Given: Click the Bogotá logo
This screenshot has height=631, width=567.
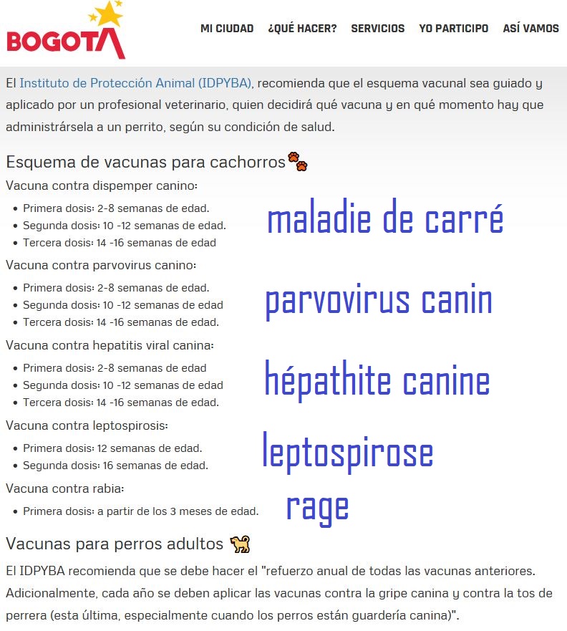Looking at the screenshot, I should point(66,32).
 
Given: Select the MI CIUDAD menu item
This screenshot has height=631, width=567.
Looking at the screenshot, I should point(227,29).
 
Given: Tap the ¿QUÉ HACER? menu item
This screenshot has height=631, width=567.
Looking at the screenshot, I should point(302,29).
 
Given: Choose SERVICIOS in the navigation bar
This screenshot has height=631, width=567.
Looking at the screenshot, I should point(377,29).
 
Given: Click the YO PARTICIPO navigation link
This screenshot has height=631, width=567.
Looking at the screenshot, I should point(454,29).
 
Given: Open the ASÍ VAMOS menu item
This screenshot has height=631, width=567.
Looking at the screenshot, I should point(530,29).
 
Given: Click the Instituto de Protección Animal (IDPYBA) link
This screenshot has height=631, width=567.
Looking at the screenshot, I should point(136,83).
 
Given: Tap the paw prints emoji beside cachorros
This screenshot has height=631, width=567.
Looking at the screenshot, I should point(297,161).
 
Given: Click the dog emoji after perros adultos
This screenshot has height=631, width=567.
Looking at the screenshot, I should point(240,544).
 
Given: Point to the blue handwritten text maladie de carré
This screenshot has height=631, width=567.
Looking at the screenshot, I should point(385,219).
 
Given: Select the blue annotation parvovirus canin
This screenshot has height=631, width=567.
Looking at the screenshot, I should point(379,301).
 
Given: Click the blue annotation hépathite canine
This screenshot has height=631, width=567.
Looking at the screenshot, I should point(377,380).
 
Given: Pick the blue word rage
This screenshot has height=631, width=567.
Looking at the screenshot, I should point(317,507).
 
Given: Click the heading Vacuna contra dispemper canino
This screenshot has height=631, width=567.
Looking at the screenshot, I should point(102,186).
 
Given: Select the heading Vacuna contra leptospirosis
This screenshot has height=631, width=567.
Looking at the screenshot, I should point(87,425).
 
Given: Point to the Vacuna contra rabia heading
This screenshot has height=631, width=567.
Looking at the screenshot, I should point(65,488).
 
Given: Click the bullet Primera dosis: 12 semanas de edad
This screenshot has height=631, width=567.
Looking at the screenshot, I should point(112,448).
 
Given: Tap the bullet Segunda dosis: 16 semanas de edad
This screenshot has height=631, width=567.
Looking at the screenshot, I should point(115,466).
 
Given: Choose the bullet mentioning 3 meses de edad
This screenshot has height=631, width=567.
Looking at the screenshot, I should point(140,511).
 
